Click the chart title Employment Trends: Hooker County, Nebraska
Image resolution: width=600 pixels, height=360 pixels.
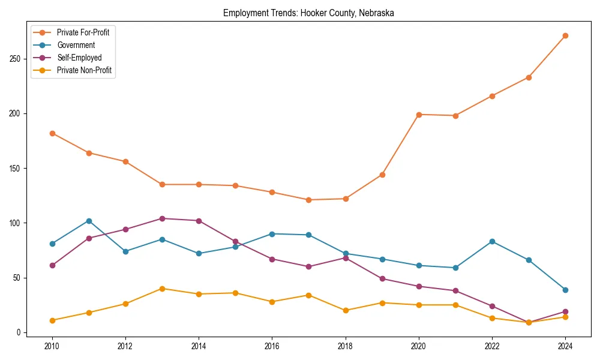click(x=308, y=13)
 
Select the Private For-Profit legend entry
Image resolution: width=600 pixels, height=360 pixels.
click(x=83, y=32)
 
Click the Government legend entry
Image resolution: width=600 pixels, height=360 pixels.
click(x=76, y=45)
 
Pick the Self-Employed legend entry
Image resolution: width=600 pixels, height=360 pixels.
click(x=79, y=58)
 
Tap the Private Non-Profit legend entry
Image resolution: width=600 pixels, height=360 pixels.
click(x=84, y=70)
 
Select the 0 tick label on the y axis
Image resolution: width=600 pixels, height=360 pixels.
click(x=19, y=332)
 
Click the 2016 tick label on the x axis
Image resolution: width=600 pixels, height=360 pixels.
click(x=272, y=346)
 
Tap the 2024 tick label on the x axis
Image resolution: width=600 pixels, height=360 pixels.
click(x=565, y=346)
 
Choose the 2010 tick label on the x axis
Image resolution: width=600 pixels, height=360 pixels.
click(x=52, y=346)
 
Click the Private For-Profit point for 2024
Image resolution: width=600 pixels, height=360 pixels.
click(x=565, y=36)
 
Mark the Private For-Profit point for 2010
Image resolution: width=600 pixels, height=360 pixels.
click(x=52, y=133)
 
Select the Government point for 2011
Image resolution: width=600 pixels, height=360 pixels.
click(x=89, y=221)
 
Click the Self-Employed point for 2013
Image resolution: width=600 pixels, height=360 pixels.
click(x=162, y=218)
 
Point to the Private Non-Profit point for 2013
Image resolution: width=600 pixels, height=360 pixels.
click(x=162, y=289)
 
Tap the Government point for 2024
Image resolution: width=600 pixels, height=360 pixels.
click(x=565, y=290)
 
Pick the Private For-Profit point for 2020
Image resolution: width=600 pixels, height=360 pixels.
click(x=418, y=115)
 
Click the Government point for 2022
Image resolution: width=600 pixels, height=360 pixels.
click(x=492, y=241)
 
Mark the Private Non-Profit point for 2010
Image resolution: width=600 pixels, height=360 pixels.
click(x=52, y=320)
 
